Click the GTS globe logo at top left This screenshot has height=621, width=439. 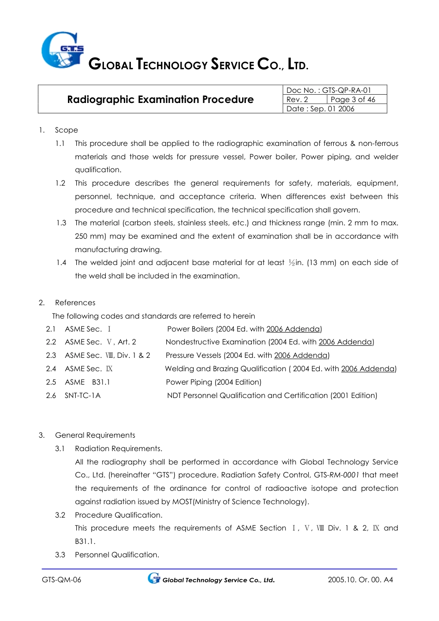(x=62, y=50)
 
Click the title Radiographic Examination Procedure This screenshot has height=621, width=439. (x=160, y=99)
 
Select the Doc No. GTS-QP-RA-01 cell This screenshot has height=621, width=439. (x=329, y=90)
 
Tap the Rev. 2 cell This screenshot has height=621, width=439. (x=297, y=99)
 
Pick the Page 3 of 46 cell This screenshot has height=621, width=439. (x=353, y=99)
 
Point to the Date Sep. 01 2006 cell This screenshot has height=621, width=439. (x=320, y=109)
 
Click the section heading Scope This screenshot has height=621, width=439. (x=67, y=130)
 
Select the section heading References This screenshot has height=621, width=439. (x=75, y=302)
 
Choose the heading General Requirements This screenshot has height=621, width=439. (x=95, y=435)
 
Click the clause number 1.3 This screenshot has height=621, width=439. (x=61, y=223)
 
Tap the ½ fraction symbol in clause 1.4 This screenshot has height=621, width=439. (x=292, y=263)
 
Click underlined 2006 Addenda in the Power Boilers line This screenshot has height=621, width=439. (x=293, y=329)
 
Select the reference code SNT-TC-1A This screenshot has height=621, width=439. (x=82, y=395)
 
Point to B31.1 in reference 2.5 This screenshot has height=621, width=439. (x=101, y=382)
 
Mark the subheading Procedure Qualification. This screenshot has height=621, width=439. (x=118, y=515)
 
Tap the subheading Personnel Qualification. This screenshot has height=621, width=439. (x=117, y=555)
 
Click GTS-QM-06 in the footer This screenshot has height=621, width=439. (x=61, y=579)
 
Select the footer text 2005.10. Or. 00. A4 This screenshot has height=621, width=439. (x=360, y=579)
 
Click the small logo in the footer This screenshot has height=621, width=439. (x=153, y=578)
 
